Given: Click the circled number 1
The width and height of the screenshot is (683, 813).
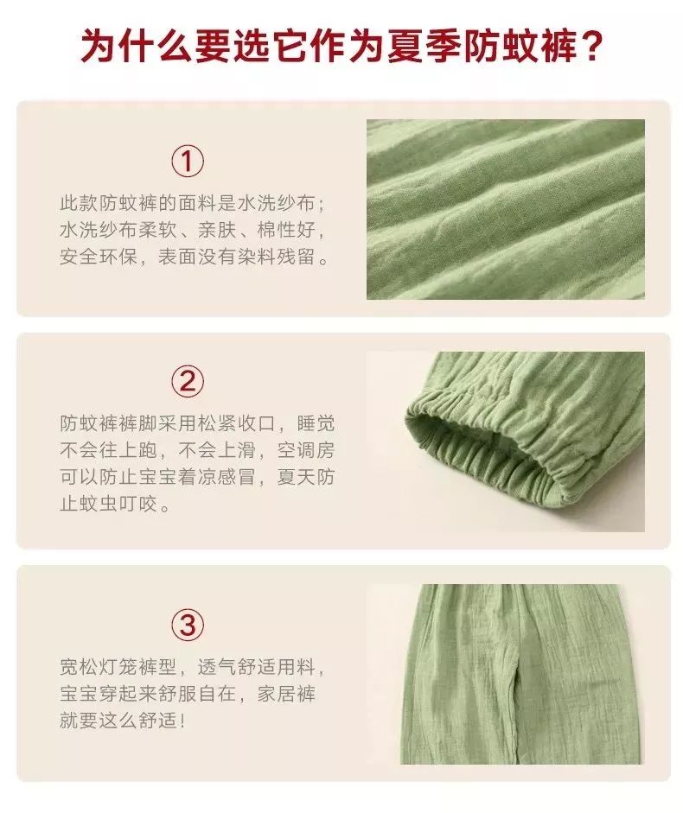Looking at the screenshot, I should coord(188,162).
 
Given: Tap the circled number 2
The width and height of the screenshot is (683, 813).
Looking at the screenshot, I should coord(188,380).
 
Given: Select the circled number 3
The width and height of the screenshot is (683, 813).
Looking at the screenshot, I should coord(188,624).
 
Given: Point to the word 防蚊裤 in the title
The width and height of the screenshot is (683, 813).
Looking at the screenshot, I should coord(501,45).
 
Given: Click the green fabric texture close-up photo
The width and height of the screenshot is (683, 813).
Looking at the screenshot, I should coord(505,209).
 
